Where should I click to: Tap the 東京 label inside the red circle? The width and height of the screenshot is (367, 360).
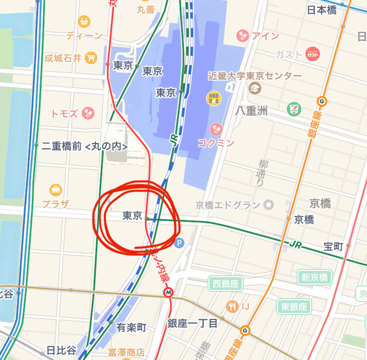tap(132, 216)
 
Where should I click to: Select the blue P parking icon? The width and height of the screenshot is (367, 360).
tap(180, 242)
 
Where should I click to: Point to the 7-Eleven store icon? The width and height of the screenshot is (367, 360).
tap(295, 109)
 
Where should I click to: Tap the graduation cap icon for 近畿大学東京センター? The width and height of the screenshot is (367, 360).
tap(254, 88)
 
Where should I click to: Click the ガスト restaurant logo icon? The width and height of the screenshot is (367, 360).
tap(313, 54)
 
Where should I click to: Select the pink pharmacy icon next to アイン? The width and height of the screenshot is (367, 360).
tap(242, 35)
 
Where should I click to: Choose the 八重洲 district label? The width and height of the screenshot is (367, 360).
tap(252, 111)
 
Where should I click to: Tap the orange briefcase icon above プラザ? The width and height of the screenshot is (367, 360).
tap(56, 190)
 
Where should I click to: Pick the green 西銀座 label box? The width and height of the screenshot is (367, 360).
tap(226, 284)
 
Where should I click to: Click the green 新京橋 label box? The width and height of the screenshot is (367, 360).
tap(314, 277)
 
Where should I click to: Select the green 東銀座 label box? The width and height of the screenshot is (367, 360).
tap(294, 307)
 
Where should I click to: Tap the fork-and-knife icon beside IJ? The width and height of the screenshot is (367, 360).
tap(232, 307)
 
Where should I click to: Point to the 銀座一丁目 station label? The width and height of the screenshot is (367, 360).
tap(192, 323)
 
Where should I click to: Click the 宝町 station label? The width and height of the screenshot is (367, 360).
tap(333, 246)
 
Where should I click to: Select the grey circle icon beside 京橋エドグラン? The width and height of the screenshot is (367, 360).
tap(268, 205)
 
